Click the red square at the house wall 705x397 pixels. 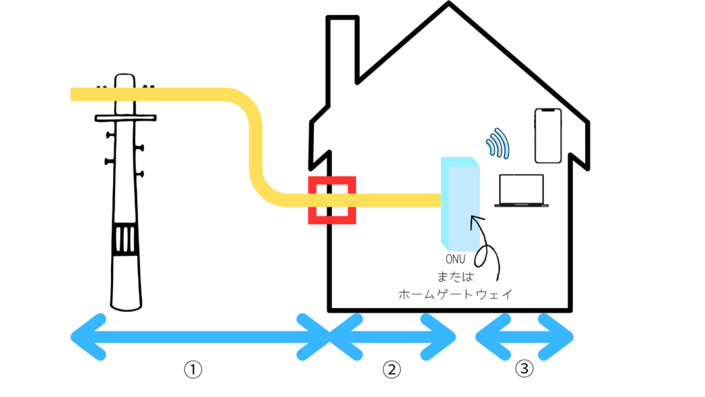(x=332, y=201)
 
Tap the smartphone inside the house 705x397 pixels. (x=548, y=136)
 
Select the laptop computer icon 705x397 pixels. (x=521, y=191)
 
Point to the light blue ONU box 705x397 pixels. (x=460, y=203)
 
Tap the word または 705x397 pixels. (x=455, y=277)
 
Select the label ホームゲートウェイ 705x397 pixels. (x=455, y=294)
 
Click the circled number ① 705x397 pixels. (x=193, y=370)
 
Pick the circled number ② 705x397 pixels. (x=391, y=370)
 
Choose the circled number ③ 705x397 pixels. (x=524, y=370)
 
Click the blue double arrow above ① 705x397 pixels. (x=200, y=337)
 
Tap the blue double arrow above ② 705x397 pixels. (x=392, y=337)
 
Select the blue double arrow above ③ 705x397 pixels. (x=525, y=337)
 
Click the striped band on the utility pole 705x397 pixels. (x=126, y=239)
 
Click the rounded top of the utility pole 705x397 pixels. (x=125, y=79)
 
